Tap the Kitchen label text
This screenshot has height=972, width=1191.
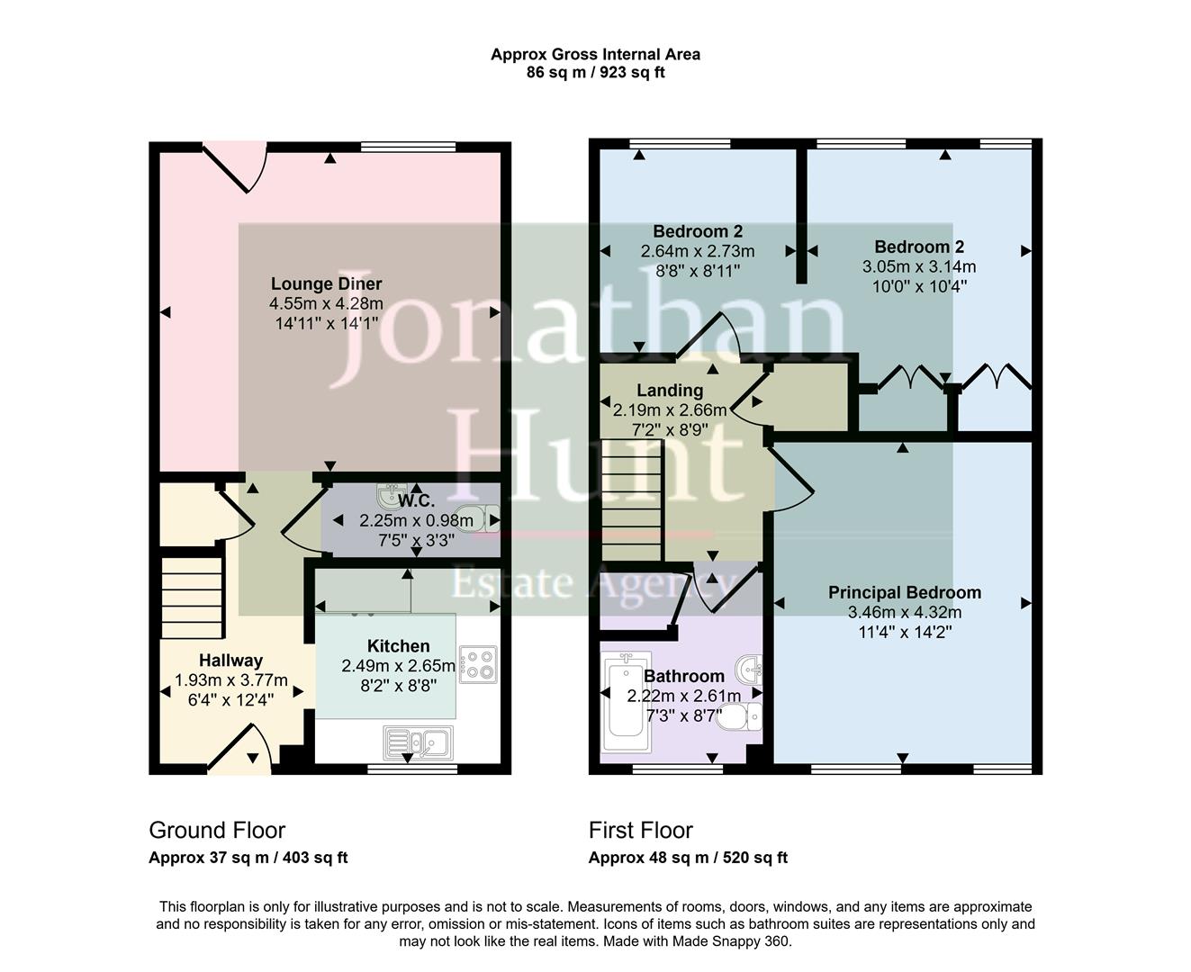(x=398, y=646)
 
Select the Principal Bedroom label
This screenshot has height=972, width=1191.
(x=904, y=592)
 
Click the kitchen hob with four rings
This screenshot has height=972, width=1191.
(x=477, y=664)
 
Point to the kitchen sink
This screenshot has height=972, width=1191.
(x=420, y=742)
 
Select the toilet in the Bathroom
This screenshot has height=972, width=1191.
(x=742, y=717)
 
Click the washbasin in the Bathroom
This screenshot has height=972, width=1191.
(x=749, y=669)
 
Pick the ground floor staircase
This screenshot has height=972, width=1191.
(x=192, y=596)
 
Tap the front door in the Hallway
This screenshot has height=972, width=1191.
(x=239, y=750)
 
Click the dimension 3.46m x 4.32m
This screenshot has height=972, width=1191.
(x=904, y=612)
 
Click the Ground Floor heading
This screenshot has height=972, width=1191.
(x=217, y=830)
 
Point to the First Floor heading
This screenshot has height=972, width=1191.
(x=641, y=830)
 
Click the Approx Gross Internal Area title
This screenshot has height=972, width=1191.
(x=595, y=54)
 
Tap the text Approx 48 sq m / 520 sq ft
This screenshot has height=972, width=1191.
(x=688, y=858)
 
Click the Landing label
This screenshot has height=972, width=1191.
(x=670, y=391)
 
